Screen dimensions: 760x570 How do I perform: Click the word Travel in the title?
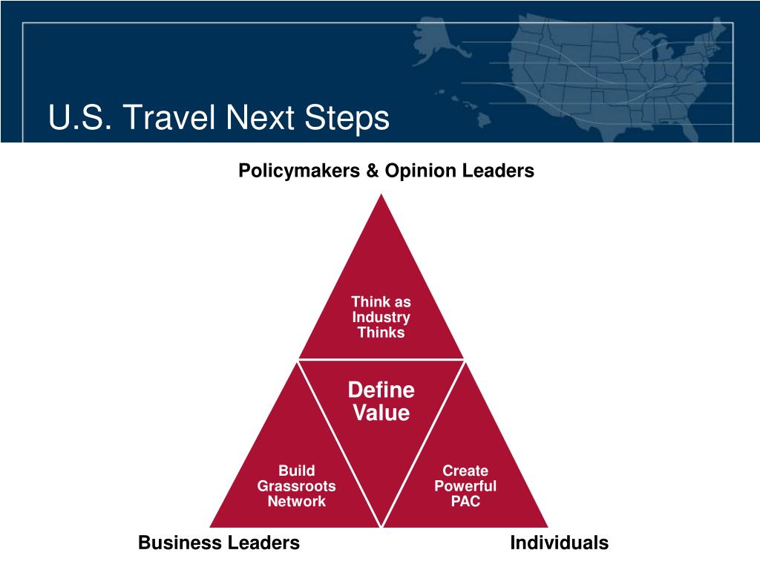[169, 117]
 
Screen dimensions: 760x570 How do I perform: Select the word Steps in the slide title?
[347, 118]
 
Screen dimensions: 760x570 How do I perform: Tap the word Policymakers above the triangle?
[299, 171]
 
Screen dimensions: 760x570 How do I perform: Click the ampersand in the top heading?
[373, 171]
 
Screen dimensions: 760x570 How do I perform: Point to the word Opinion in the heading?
[420, 171]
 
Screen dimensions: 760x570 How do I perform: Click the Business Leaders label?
[219, 543]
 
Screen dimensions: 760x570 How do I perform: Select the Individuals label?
[560, 543]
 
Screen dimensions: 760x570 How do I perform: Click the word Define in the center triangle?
[381, 390]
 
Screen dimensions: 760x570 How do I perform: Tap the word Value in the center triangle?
[381, 413]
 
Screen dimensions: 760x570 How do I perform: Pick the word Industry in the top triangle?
[381, 318]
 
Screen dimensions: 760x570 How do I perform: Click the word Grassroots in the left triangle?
[297, 485]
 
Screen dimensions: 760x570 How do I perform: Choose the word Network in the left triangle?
[297, 501]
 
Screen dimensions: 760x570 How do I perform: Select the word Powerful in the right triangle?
[465, 485]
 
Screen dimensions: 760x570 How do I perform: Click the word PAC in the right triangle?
[465, 501]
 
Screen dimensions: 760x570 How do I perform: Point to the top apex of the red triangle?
[381, 194]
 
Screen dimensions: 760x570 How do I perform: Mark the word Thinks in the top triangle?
[381, 332]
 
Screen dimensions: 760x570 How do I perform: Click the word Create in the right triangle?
[465, 471]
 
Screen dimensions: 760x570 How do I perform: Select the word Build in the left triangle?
[297, 471]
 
